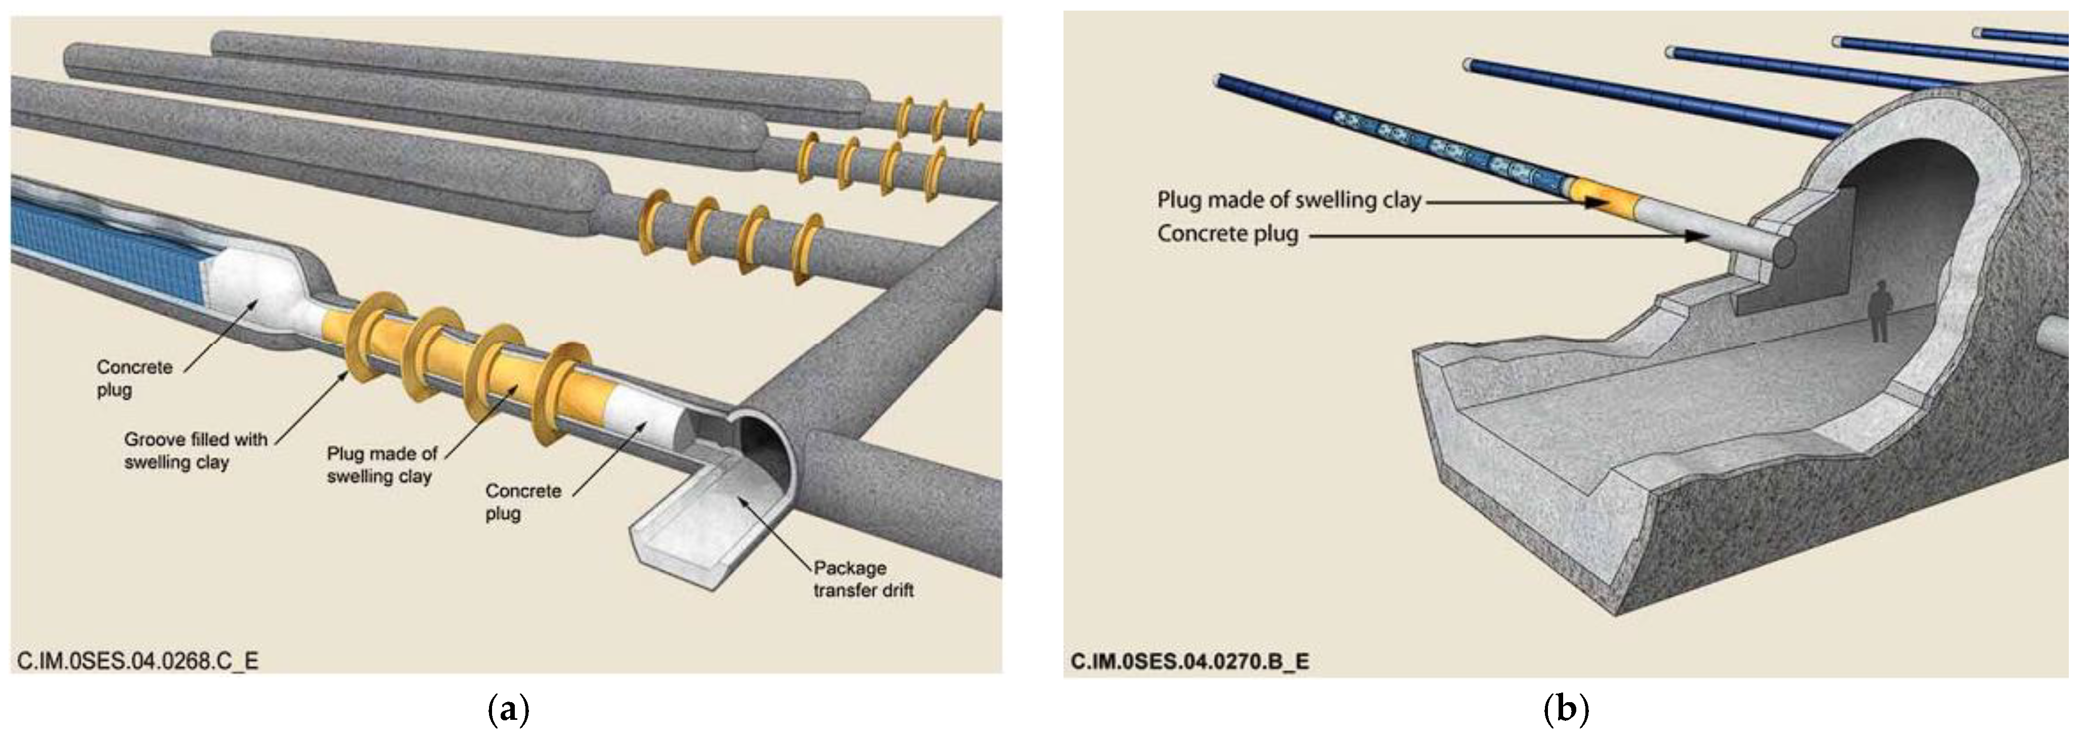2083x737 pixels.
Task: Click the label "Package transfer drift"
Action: (863, 578)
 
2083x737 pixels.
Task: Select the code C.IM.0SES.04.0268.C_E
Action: (138, 661)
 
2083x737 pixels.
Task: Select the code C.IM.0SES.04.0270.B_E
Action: (1189, 662)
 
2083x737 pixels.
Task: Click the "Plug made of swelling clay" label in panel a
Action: (382, 465)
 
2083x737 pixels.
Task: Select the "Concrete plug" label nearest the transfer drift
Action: (522, 502)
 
